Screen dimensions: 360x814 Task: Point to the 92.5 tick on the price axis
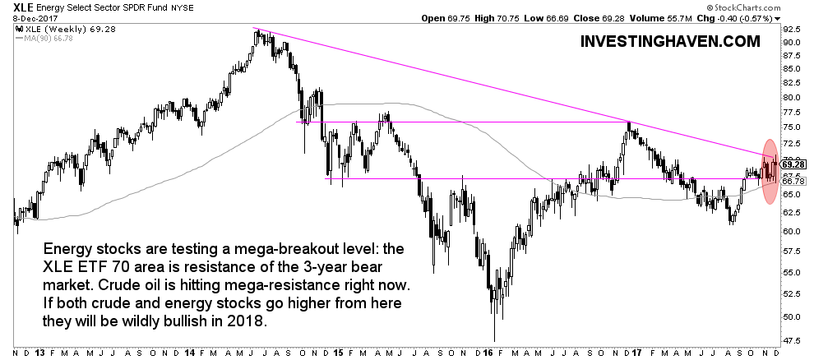pyautogui.click(x=792, y=41)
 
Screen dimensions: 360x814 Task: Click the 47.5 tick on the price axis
pyautogui.click(x=792, y=340)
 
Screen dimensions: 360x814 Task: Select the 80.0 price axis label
pyautogui.click(x=792, y=96)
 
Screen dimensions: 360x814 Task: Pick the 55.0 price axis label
pyautogui.click(x=792, y=272)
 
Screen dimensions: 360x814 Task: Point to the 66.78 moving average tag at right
pyautogui.click(x=792, y=182)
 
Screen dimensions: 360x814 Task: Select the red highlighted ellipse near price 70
pyautogui.click(x=770, y=171)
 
